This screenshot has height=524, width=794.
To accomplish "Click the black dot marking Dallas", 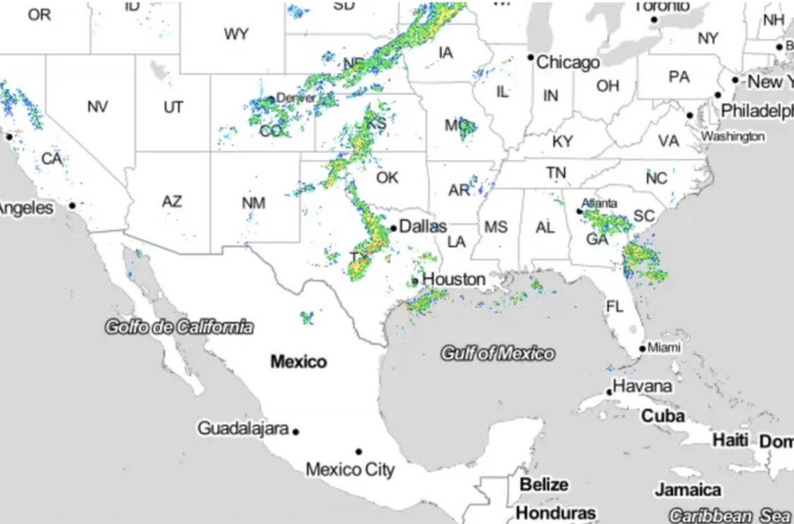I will pos(393,228).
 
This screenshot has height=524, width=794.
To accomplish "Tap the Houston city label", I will pos(453,280).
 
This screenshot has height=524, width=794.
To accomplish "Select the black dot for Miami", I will pos(642,349).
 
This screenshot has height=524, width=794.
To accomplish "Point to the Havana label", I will pos(642,386).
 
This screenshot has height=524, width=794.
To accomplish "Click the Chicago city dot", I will pos(531,57).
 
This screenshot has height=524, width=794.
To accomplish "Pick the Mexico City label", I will pos(350,469).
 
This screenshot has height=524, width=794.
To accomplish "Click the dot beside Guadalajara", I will pos(296,432).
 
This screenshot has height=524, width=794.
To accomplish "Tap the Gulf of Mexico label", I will pos(497,353).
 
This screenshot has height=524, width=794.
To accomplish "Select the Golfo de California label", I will pos(178,326).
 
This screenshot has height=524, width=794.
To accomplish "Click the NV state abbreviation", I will pos(98,107).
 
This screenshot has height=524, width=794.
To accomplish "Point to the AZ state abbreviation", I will pos(171,201).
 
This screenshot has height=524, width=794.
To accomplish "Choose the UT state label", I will pos(173,107).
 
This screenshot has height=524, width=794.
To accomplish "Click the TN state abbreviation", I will pos(556,173).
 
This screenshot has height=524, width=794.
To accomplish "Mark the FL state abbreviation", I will pos(615,306).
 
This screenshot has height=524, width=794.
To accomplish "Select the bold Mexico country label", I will pos(299,362).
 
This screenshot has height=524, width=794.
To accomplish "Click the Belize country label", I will pos(543,485).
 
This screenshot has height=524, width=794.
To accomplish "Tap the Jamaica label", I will pos(688,489).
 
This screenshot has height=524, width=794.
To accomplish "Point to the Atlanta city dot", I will pos(579,211).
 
